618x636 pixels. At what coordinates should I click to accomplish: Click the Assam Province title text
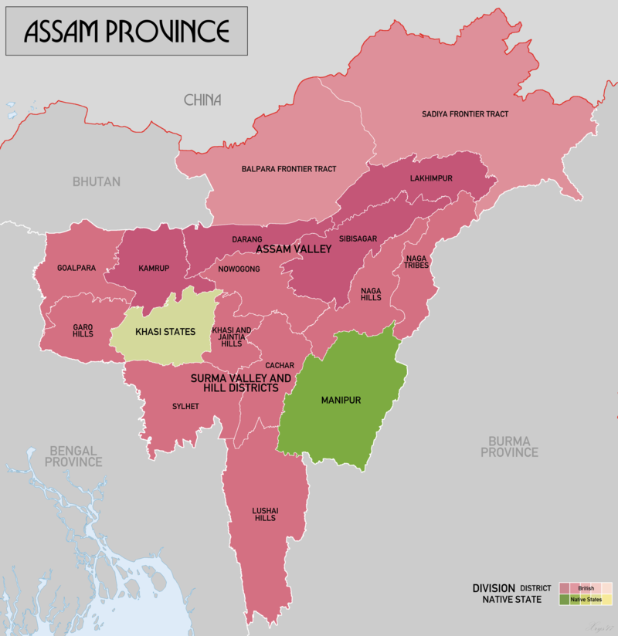click(x=127, y=31)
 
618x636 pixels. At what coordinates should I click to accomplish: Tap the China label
click(x=202, y=100)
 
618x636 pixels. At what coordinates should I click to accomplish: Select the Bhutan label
click(x=97, y=182)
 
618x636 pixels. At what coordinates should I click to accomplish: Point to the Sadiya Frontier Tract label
click(x=465, y=114)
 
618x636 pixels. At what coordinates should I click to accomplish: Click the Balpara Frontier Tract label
click(x=289, y=168)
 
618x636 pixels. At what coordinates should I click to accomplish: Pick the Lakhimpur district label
click(x=430, y=178)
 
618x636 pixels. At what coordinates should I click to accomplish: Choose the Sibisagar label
click(x=358, y=239)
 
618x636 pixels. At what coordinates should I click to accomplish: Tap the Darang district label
click(x=247, y=240)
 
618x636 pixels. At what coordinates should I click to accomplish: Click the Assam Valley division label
click(x=294, y=249)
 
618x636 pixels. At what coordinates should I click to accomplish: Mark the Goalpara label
click(x=76, y=269)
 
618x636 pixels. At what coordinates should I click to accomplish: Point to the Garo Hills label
click(x=83, y=330)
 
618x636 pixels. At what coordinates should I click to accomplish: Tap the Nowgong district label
click(x=240, y=269)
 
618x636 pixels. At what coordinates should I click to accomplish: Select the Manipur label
click(x=341, y=401)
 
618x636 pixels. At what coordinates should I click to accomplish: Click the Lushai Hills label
click(x=265, y=514)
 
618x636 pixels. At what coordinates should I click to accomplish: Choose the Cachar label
click(x=279, y=364)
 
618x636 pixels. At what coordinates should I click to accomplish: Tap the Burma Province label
click(x=509, y=446)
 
